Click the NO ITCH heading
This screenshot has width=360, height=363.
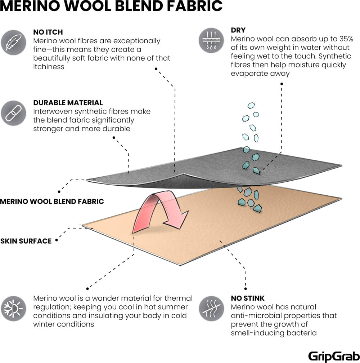tap(48, 32)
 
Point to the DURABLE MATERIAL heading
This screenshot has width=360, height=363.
tap(68, 103)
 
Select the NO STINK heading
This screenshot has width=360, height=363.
tap(248, 298)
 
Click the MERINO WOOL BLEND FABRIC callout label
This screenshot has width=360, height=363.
tap(52, 202)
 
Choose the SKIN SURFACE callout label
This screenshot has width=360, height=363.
tap(26, 241)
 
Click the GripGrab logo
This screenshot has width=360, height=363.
tap(334, 355)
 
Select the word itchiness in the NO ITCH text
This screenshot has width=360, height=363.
tap(49, 67)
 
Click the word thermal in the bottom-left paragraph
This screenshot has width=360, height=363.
tap(179, 298)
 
